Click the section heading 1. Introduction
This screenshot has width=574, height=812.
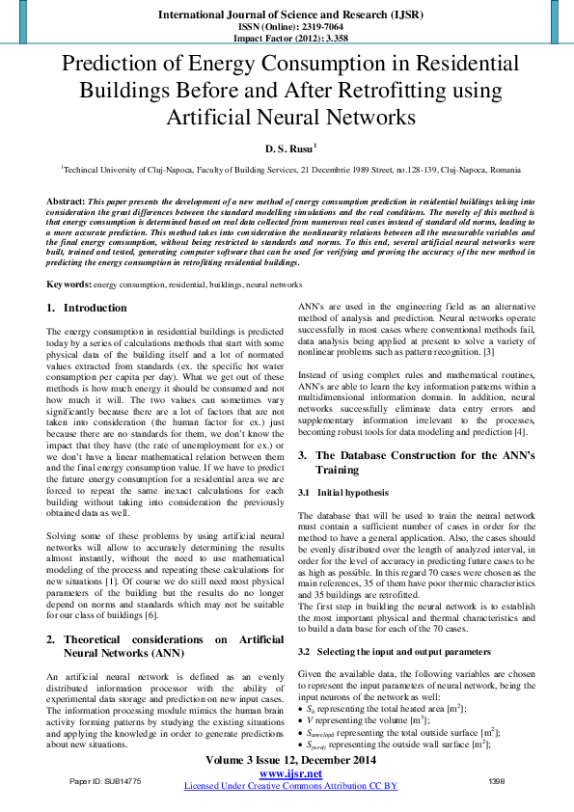pos(87,308)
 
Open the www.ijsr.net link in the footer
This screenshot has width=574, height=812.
pos(289,774)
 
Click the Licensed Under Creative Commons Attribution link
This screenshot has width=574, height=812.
pos(290,786)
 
